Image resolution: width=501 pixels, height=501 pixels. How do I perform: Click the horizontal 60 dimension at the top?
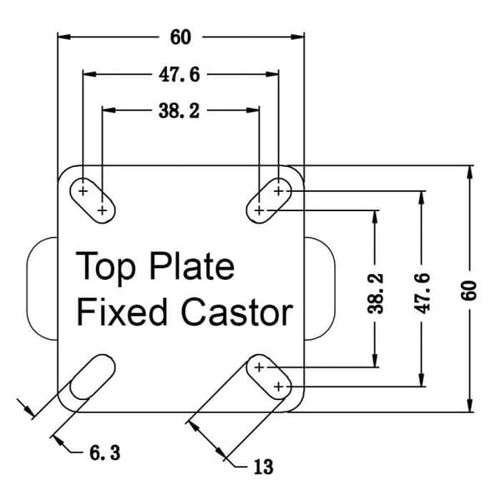180,37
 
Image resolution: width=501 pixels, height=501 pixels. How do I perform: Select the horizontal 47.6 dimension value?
180,75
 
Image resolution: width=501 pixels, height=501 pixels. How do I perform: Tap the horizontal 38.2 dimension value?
180,111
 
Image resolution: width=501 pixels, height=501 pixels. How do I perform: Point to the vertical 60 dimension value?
468,291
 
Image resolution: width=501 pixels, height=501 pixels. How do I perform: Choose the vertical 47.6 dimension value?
422,293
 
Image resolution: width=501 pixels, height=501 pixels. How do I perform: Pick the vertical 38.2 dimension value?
375,293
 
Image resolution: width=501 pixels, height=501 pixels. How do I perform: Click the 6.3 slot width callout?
105,453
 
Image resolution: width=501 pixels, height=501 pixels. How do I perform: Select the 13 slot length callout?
264,467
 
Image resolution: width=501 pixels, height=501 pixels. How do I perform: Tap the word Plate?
192,266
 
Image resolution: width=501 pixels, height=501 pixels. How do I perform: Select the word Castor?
237,311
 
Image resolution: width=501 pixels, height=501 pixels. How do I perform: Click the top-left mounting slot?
93,200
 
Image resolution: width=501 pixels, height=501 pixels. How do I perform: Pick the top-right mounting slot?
269,200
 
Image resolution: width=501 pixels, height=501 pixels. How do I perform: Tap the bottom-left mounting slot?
93,377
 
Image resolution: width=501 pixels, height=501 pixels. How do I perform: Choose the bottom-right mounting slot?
269,377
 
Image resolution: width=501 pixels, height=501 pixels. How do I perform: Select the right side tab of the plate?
334,289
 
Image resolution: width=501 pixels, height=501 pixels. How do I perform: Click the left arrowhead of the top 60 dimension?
64,37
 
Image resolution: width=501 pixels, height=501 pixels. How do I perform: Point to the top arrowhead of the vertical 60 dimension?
469,173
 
